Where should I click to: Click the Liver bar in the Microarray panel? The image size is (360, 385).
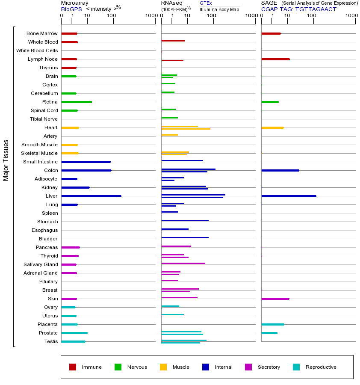click(x=91, y=196)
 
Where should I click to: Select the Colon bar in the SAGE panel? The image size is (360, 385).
click(x=280, y=170)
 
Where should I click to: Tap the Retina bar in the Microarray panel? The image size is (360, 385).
click(x=77, y=102)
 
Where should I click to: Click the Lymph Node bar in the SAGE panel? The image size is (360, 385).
click(x=275, y=59)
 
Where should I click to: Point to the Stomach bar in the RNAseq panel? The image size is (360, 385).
click(x=185, y=220)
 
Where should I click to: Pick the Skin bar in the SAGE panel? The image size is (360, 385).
click(x=275, y=299)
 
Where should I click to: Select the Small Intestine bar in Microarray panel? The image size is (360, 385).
click(x=86, y=162)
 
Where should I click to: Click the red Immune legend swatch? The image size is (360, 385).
click(x=73, y=367)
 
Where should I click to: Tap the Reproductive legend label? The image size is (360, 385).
click(x=321, y=367)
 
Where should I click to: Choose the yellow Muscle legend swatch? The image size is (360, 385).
click(x=163, y=367)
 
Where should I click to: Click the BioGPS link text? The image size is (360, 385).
click(x=71, y=9)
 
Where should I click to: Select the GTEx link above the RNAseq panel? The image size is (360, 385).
click(x=206, y=3)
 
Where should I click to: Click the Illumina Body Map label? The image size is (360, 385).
click(x=219, y=9)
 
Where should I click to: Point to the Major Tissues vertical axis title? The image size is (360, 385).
click(x=6, y=160)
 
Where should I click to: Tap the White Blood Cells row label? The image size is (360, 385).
click(x=37, y=50)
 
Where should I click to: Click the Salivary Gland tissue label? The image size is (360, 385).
click(x=41, y=264)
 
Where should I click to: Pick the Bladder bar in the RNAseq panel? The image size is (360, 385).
click(x=185, y=237)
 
